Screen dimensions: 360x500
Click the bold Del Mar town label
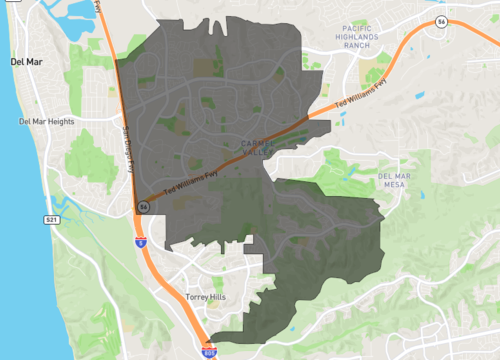click(25, 61)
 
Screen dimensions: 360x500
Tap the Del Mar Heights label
click(47, 122)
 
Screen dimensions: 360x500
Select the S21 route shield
click(52, 218)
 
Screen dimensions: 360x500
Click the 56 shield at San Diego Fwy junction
click(143, 206)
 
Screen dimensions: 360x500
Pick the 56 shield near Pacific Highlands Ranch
click(441, 21)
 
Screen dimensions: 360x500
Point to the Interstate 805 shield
click(209, 351)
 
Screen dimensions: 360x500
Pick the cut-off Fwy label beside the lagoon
click(99, 8)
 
